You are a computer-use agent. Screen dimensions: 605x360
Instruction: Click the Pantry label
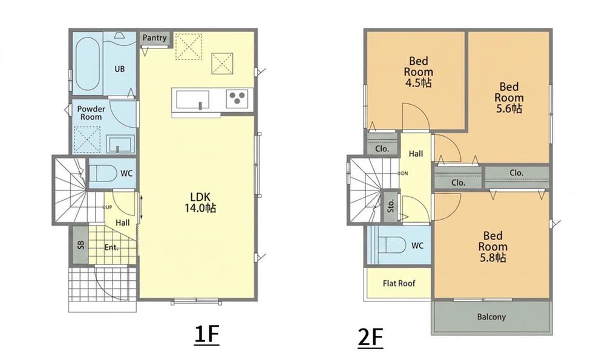(154, 38)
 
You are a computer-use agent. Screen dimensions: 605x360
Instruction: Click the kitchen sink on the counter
(193, 100)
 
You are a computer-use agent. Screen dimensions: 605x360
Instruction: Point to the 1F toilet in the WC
(103, 174)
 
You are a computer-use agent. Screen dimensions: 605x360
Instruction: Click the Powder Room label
(91, 113)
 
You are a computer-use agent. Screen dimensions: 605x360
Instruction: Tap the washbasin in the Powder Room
(120, 144)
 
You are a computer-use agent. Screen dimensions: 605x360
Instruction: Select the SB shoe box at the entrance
(80, 245)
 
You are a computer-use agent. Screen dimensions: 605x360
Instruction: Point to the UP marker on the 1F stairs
(108, 207)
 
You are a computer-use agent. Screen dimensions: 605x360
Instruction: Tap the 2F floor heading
(370, 338)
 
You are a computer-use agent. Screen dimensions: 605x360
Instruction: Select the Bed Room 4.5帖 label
(418, 72)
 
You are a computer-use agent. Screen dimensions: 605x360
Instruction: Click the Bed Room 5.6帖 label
(509, 97)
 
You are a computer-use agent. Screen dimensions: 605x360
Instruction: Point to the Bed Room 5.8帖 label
(492, 247)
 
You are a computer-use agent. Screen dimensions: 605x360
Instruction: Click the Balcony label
(491, 317)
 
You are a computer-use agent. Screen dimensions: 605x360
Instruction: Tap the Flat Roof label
(399, 284)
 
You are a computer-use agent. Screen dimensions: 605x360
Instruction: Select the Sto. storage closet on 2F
(391, 206)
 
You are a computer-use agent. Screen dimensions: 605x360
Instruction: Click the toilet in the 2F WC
(391, 245)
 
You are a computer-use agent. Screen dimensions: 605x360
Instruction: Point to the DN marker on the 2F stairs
(403, 173)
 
